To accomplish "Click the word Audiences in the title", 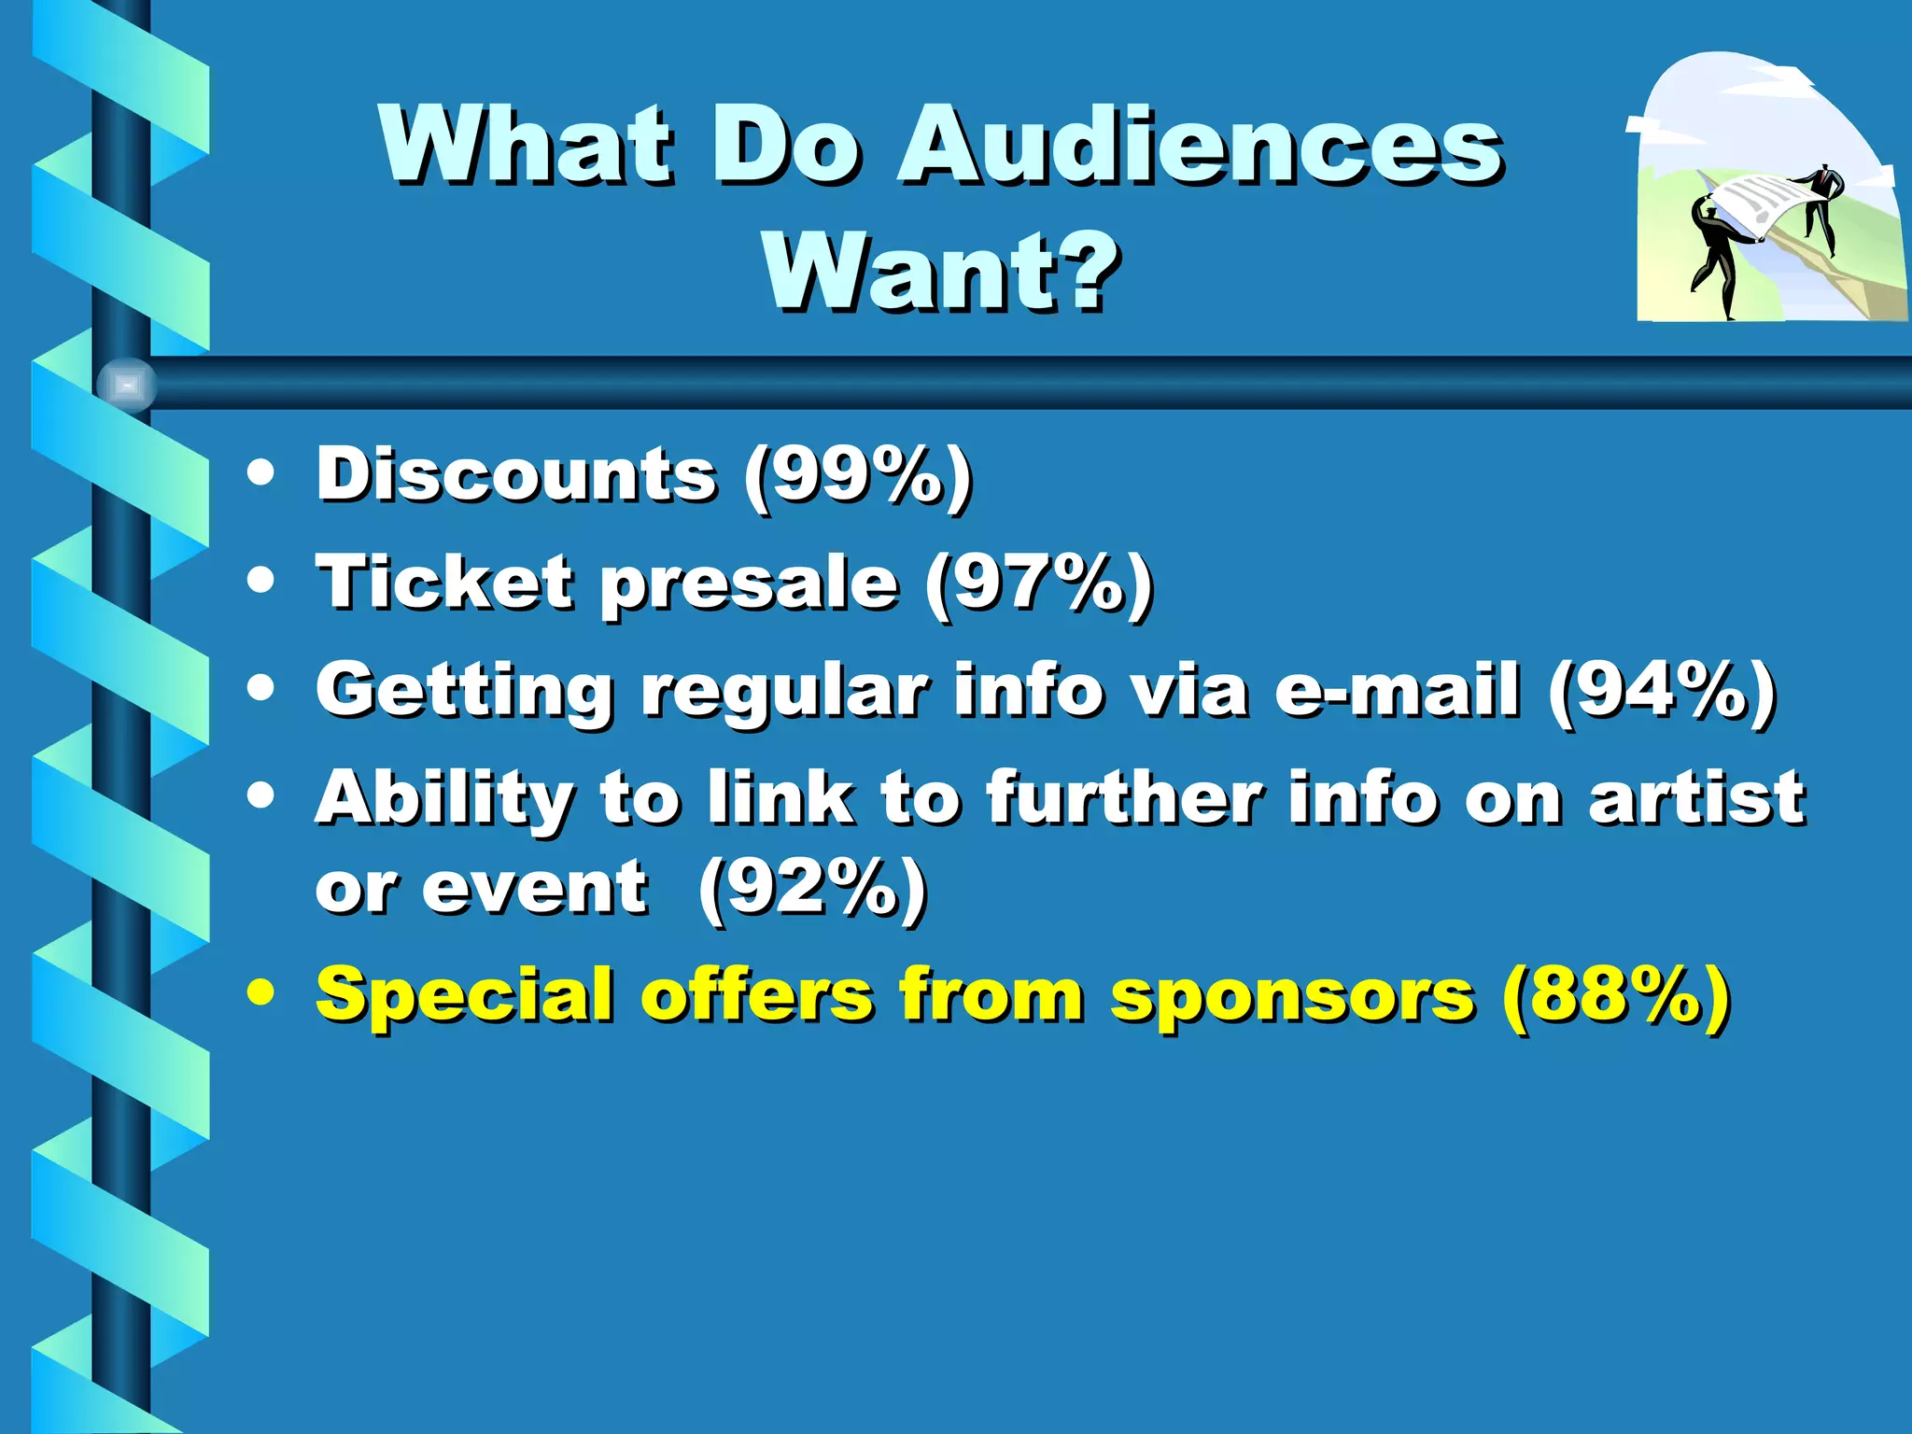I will [1199, 145].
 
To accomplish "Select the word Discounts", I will [516, 474].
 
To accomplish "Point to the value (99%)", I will [857, 476].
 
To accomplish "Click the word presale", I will [750, 583].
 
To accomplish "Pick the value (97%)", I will [1038, 583].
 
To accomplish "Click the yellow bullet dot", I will [261, 993].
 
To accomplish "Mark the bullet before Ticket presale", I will [261, 581].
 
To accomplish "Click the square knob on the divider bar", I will [127, 385].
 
